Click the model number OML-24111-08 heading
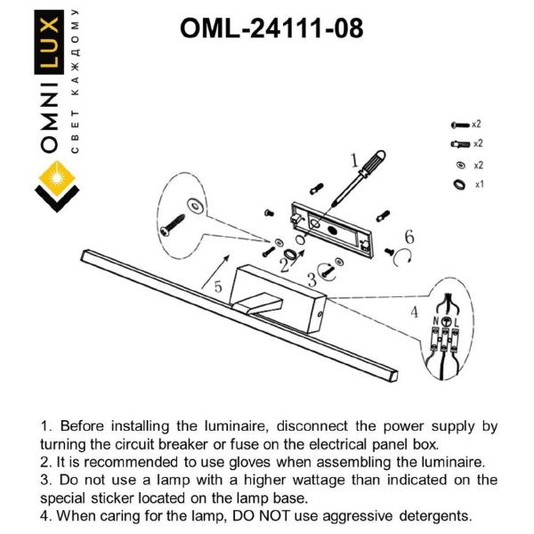[271, 28]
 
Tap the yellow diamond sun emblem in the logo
[57, 178]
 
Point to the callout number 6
[409, 237]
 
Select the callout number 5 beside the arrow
[218, 287]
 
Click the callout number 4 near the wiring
[414, 311]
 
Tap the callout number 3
[311, 280]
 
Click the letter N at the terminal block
[435, 320]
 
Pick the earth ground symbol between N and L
[446, 321]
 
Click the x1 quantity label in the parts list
[479, 184]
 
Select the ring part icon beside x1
[459, 184]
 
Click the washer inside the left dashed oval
[196, 206]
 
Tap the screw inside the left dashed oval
[173, 225]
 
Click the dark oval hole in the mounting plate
[332, 230]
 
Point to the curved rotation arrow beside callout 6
[402, 258]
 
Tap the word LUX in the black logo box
[49, 42]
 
